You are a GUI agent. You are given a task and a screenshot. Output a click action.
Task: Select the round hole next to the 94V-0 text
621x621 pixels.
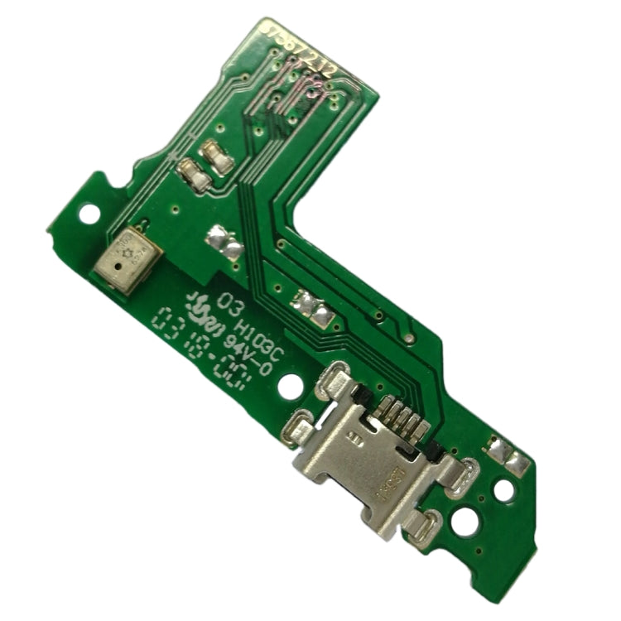[290, 386]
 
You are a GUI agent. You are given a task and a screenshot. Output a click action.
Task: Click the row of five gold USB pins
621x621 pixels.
[407, 417]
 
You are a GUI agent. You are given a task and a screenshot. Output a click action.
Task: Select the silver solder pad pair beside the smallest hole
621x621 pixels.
[313, 308]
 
